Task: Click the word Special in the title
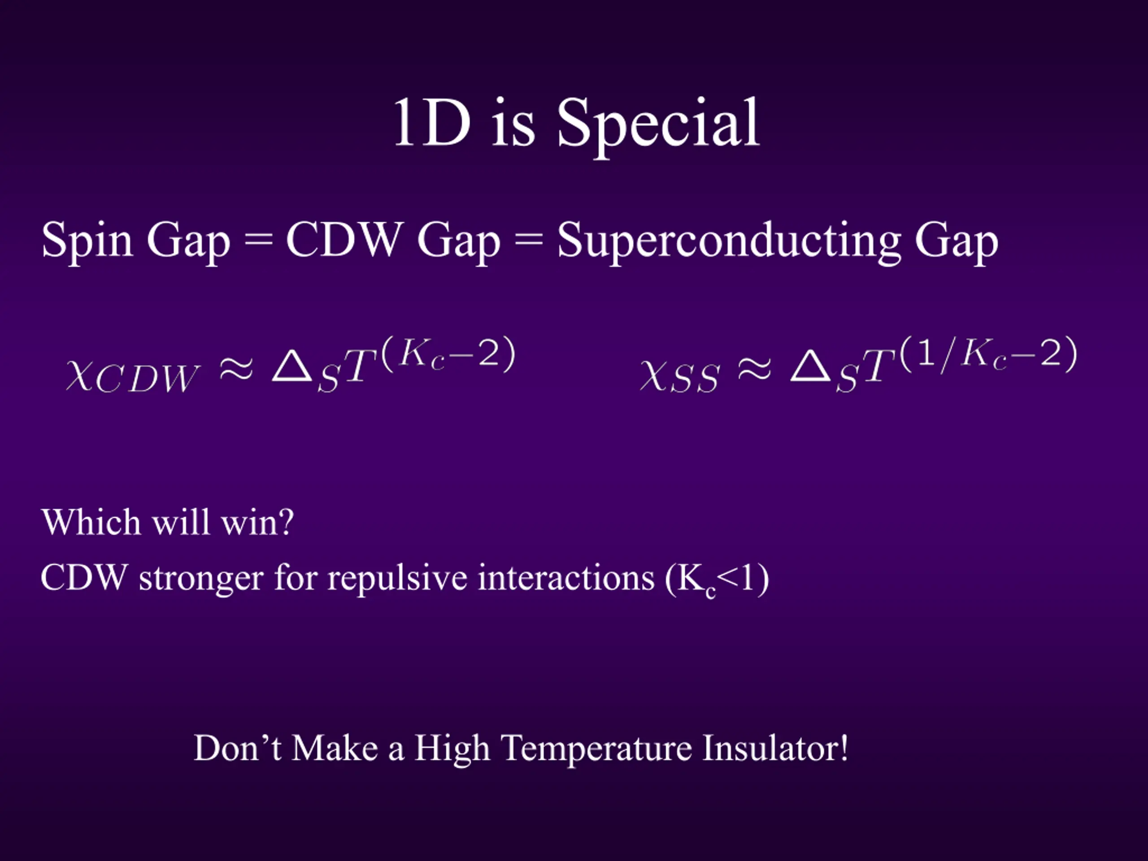tap(658, 126)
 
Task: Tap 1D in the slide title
tap(432, 122)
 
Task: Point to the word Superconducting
tap(729, 242)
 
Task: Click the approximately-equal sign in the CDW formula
tap(236, 370)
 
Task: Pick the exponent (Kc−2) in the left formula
tap(448, 354)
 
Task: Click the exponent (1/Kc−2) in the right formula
tap(988, 354)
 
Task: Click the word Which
tap(91, 522)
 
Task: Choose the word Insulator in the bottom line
tap(775, 748)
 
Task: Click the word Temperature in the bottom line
tap(597, 750)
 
